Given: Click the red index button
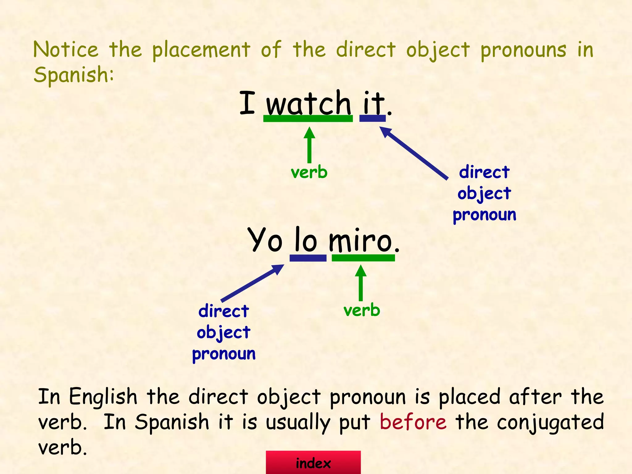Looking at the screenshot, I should pos(313,463).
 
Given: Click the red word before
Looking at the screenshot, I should pos(413,422).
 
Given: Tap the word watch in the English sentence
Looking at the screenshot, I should pos(308,103).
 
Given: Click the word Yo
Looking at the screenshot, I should pos(265,240).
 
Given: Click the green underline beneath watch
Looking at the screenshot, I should pos(308,118).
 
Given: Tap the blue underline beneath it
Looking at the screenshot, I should pos(372,118).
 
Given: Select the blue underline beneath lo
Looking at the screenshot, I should pos(308,258).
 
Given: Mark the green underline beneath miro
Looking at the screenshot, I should pos(363,258).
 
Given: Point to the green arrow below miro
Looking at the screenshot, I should pos(360,283).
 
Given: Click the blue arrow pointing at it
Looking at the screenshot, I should pos(414,152).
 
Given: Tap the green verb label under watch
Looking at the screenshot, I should pos(309,172).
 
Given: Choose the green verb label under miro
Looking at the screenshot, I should pos(362,310).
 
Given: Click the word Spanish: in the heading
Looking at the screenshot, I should pos(74,75).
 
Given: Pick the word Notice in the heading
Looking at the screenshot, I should pos(66,50).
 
